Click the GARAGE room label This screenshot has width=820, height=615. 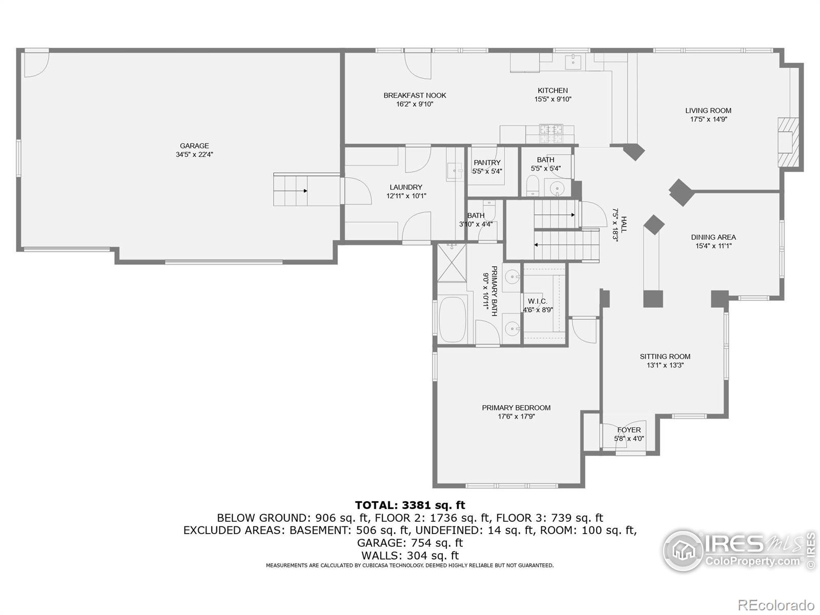coord(194,146)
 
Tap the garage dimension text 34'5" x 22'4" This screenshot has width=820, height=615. coord(194,154)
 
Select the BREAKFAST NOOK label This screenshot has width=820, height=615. coord(415,95)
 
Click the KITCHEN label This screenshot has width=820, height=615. coord(552,91)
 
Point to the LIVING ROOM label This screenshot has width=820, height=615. coord(708,111)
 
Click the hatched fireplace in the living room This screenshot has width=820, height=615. coord(788,142)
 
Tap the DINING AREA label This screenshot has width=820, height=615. coord(713,237)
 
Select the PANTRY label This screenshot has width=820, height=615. coord(487,163)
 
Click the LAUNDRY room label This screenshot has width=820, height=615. coord(406,188)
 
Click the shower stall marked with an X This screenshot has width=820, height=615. coord(452,263)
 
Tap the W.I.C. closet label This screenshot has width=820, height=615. coord(538,301)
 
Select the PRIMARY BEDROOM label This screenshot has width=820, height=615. coord(516,408)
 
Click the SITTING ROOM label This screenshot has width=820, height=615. coord(665,357)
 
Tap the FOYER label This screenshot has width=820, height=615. coord(629,430)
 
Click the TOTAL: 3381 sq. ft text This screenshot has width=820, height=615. coord(410,506)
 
